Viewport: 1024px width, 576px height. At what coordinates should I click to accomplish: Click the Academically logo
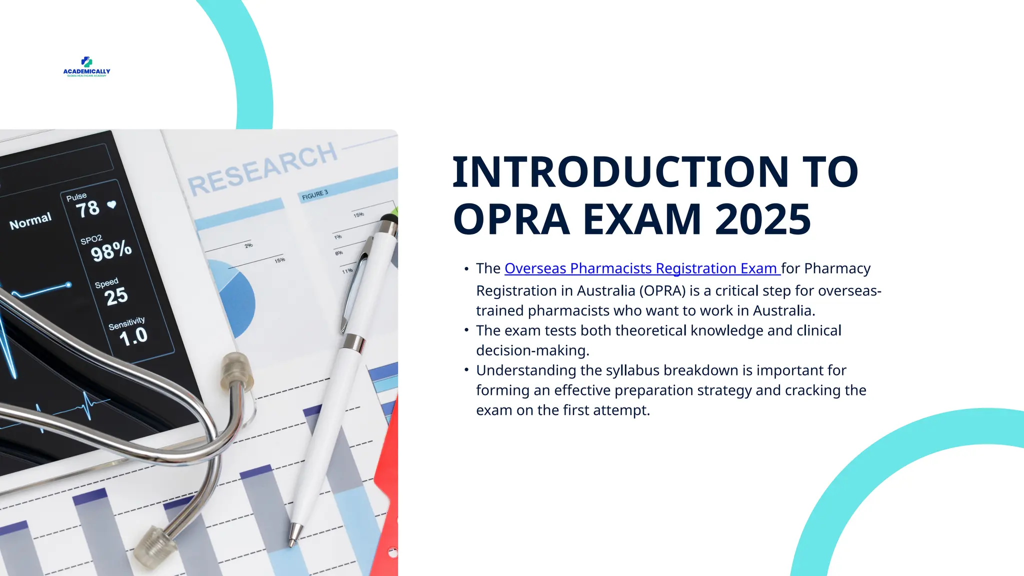[x=86, y=66]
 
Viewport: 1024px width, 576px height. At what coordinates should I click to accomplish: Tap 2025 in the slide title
[x=762, y=219]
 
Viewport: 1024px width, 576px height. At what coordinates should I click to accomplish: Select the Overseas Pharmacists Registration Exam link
[x=642, y=268]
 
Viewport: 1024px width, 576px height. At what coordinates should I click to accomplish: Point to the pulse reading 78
[x=88, y=209]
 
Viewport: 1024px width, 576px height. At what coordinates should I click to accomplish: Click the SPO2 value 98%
[x=111, y=250]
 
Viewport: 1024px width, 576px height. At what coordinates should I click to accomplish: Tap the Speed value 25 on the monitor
[x=116, y=296]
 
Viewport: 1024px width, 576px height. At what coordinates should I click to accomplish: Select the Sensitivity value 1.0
[x=133, y=336]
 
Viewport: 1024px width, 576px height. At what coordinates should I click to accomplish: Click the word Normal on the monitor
[x=30, y=220]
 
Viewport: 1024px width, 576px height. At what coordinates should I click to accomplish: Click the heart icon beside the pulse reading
[x=112, y=204]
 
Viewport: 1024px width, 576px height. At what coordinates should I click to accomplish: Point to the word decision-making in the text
[x=532, y=350]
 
